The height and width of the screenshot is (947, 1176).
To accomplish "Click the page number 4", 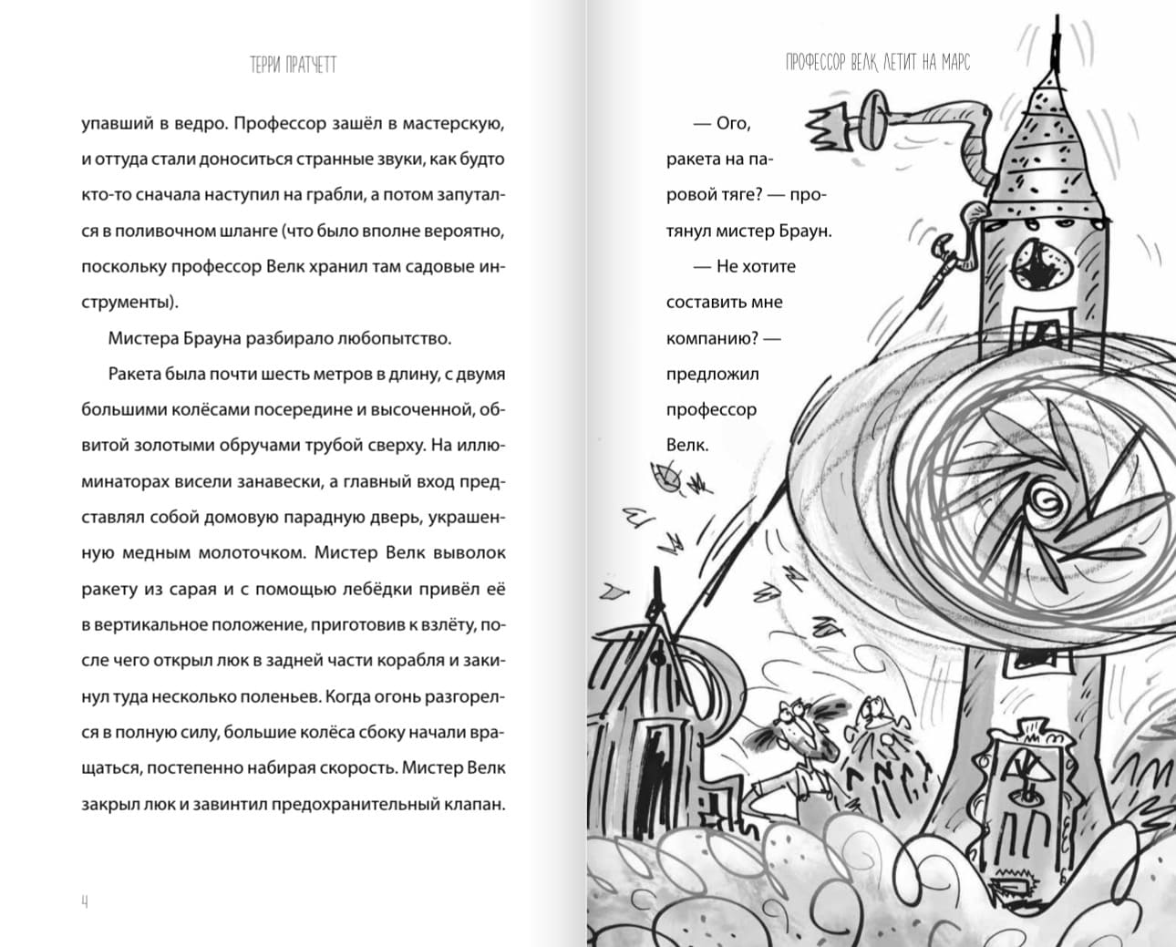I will [85, 901].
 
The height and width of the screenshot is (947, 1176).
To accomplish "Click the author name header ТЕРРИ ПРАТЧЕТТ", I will [293, 65].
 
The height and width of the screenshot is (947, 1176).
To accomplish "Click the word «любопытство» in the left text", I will [395, 338].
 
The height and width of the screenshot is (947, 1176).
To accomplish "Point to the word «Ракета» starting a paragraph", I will [136, 374].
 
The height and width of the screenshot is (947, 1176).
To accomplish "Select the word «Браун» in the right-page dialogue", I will [804, 231].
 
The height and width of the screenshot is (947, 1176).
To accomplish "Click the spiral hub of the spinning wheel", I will [1049, 500].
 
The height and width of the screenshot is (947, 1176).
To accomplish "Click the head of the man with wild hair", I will [798, 726].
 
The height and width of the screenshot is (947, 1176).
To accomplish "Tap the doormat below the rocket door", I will [1017, 885].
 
